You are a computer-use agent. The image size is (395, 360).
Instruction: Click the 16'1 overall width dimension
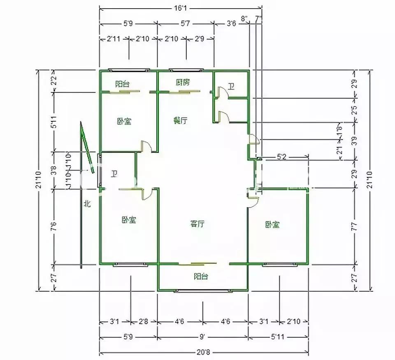coord(181,8)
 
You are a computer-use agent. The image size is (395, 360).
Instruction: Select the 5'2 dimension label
coord(282,157)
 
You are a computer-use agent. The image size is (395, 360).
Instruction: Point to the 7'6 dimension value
coord(53,226)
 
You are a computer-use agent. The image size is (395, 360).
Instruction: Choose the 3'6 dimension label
coord(231,24)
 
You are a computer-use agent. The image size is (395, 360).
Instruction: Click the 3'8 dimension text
coord(53,170)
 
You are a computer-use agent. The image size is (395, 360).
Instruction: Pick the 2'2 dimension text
coord(53,81)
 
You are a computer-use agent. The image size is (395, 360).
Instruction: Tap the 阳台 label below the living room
coord(200,277)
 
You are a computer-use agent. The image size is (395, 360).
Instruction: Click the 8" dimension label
coord(244,18)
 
